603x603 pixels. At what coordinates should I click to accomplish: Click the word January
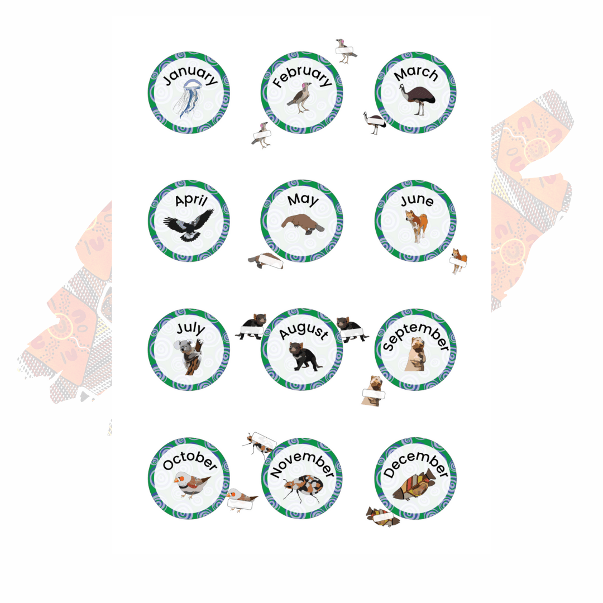tap(190, 75)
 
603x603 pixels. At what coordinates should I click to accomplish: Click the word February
tap(302, 76)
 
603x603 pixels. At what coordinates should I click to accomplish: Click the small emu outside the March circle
tap(374, 122)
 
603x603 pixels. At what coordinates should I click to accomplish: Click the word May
tap(303, 199)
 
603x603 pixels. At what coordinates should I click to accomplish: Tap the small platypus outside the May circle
tap(265, 260)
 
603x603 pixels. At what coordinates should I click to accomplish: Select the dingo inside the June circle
tap(417, 226)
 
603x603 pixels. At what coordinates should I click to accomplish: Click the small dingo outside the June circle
tap(459, 260)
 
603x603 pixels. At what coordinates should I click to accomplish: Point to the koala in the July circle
tap(189, 356)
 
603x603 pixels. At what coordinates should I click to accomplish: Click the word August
tap(304, 330)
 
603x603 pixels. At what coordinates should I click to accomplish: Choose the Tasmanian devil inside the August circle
tap(304, 356)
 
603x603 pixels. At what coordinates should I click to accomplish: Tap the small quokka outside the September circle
tap(374, 390)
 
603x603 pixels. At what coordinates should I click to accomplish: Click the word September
tap(416, 335)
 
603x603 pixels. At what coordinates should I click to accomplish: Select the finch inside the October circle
tap(191, 484)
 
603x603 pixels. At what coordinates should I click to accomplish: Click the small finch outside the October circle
tap(241, 499)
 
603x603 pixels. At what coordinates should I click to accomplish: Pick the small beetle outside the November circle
tap(259, 444)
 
